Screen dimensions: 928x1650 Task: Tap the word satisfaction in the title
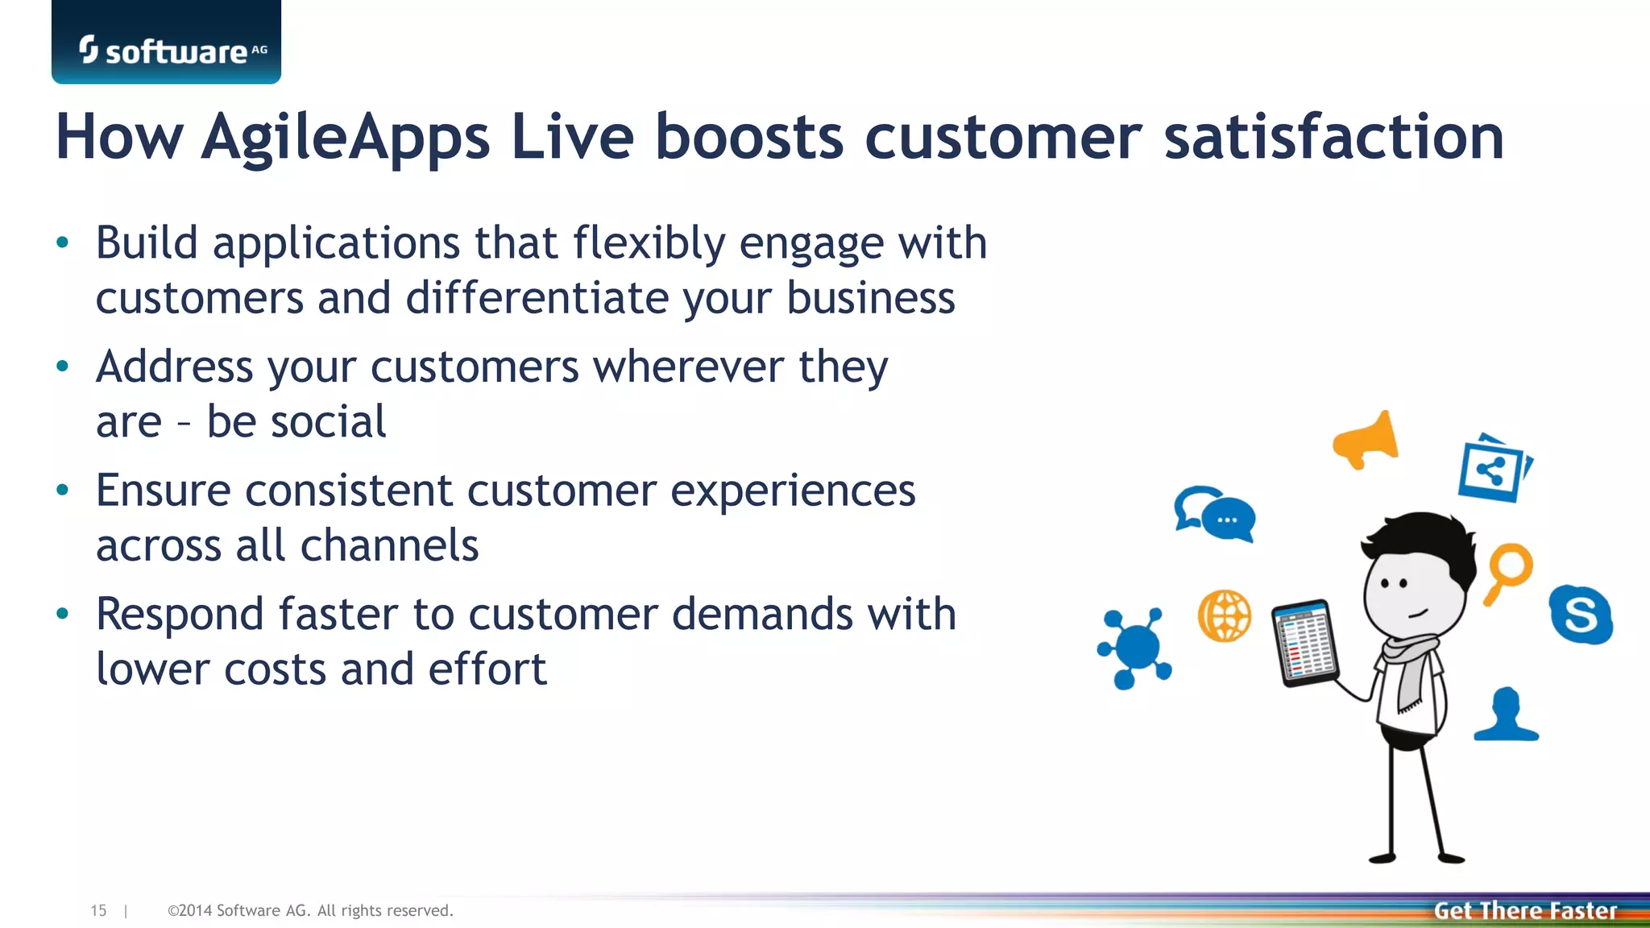point(1333,137)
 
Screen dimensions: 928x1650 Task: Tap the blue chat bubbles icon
point(1216,514)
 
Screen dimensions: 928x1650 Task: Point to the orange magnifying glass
point(1508,570)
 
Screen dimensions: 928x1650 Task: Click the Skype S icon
point(1580,615)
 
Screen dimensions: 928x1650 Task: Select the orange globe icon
point(1224,616)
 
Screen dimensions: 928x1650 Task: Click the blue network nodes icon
point(1134,647)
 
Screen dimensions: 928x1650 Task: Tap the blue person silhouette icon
point(1506,715)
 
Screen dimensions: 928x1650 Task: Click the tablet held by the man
point(1304,644)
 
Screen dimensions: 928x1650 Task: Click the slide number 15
point(98,910)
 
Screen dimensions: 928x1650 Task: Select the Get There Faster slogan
point(1524,910)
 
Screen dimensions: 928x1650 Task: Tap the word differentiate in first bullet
point(537,298)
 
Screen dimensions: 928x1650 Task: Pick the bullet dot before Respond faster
point(63,615)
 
